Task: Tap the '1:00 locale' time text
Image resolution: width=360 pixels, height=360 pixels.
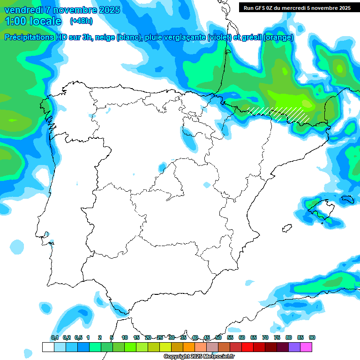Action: tap(33, 21)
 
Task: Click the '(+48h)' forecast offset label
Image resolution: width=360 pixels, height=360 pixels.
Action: tap(81, 21)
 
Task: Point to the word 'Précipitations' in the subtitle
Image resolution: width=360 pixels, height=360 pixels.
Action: tap(32, 37)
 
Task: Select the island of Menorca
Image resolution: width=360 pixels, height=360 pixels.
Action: tap(347, 199)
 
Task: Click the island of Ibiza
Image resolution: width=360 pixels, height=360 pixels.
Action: tap(285, 229)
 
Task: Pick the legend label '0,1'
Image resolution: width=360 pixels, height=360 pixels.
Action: tap(55, 337)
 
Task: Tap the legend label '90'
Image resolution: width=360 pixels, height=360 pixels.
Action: tap(312, 337)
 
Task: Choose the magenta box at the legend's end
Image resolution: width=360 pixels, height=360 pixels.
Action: tap(306, 347)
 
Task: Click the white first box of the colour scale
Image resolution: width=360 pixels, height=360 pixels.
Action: tap(48, 347)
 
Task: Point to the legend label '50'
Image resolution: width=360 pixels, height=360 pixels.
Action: tap(218, 337)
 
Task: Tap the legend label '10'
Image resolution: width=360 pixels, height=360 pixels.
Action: tap(125, 337)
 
